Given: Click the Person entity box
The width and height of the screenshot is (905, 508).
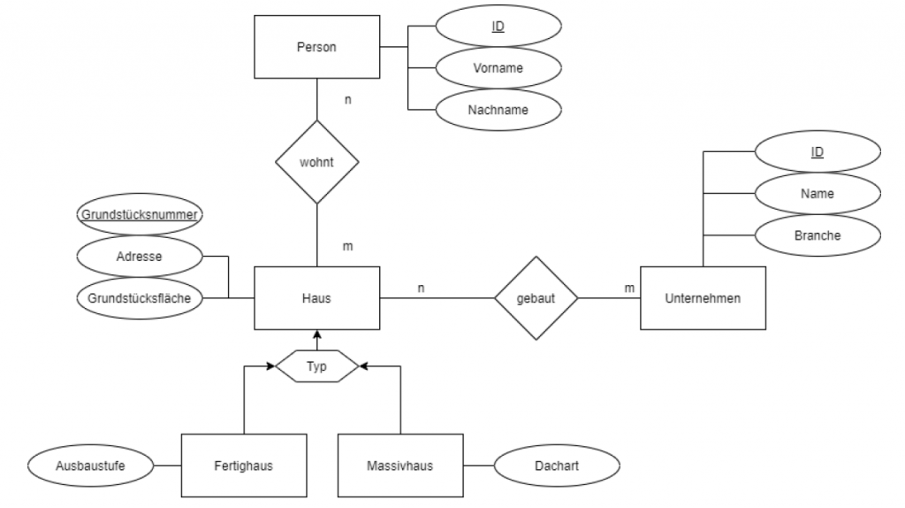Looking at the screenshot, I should (316, 48).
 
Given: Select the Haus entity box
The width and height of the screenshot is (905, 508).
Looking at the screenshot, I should (316, 298).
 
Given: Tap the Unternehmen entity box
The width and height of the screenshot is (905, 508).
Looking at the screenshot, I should (703, 298).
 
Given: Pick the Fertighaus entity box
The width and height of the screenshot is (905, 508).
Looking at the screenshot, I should (243, 465).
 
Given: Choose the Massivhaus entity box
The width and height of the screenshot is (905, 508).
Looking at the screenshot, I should (400, 465).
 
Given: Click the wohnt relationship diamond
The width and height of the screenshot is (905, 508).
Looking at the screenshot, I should (316, 163).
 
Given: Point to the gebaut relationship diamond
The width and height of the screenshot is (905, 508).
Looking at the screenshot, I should (535, 298).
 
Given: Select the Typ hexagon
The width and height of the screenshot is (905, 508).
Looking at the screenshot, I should (316, 365).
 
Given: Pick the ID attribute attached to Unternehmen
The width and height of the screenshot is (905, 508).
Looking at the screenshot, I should (818, 152).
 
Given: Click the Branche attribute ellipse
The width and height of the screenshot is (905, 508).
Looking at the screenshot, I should (818, 236).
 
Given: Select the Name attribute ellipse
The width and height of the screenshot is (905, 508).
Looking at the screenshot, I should (818, 194).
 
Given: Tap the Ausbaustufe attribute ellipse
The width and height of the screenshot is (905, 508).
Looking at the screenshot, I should (91, 465).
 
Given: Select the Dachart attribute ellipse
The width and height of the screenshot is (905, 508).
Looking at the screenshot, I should (558, 465).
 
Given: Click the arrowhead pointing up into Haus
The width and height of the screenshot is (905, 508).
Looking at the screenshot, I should (316, 335).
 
